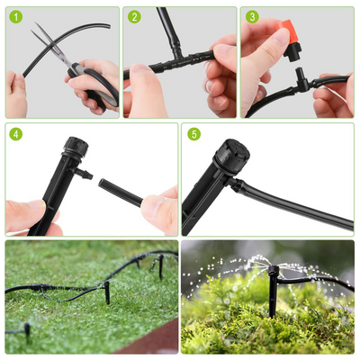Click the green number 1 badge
point(15,16)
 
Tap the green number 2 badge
point(134,16)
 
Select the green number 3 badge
point(251,16)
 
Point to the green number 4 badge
point(15,133)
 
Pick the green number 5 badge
point(193,133)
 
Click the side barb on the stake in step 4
point(82,171)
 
